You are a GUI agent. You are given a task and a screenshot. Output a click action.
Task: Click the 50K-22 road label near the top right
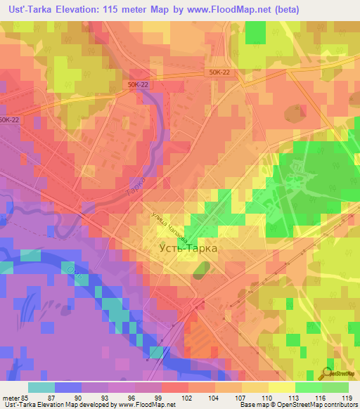tap(220, 72)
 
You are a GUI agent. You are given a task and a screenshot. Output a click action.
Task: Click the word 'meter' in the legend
tap(11, 397)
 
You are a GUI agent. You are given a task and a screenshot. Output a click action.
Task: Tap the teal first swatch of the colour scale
tap(41, 387)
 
